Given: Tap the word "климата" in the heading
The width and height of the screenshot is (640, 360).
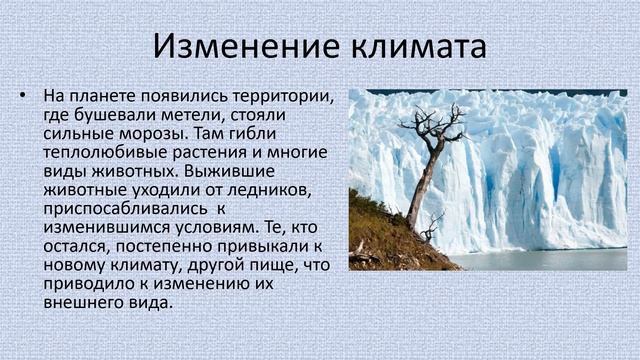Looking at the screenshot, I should click(x=412, y=46).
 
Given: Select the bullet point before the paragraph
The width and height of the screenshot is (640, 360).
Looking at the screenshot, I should click(x=22, y=97).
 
